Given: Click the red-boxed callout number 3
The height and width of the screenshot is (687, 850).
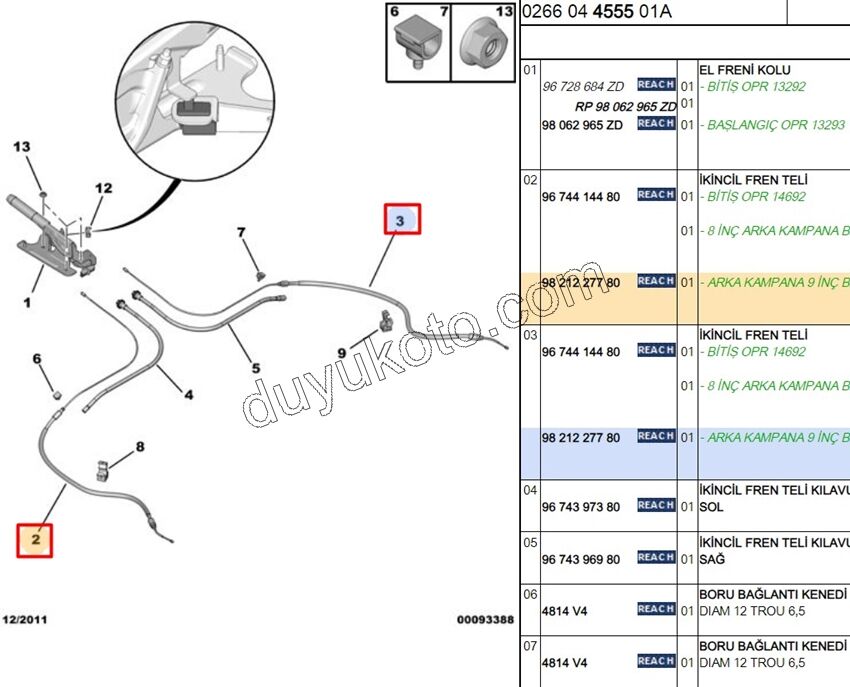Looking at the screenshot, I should tap(402, 219).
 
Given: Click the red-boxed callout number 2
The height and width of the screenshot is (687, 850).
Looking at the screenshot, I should tap(35, 540).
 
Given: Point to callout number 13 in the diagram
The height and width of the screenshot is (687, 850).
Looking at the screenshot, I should tap(23, 147).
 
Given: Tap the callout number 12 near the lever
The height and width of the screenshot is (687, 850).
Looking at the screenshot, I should tap(104, 188).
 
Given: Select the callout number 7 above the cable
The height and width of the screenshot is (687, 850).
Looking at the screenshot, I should tap(241, 233).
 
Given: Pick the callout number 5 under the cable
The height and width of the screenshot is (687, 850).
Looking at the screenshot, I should tap(255, 368).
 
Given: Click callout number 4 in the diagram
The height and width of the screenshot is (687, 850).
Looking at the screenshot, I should tap(188, 395).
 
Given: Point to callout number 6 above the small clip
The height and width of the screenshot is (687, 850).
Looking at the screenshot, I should tap(37, 359).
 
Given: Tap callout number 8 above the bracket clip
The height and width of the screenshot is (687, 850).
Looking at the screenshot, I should tap(140, 447).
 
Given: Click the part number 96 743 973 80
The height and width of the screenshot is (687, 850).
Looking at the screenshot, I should tap(580, 507).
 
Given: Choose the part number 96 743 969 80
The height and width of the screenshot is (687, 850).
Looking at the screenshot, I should tap(580, 559).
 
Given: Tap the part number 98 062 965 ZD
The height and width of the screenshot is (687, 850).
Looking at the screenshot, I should tap(581, 125).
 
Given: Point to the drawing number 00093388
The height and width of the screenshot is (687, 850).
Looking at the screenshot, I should tap(485, 620).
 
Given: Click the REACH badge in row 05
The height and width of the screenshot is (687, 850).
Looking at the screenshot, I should tap(656, 557).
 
